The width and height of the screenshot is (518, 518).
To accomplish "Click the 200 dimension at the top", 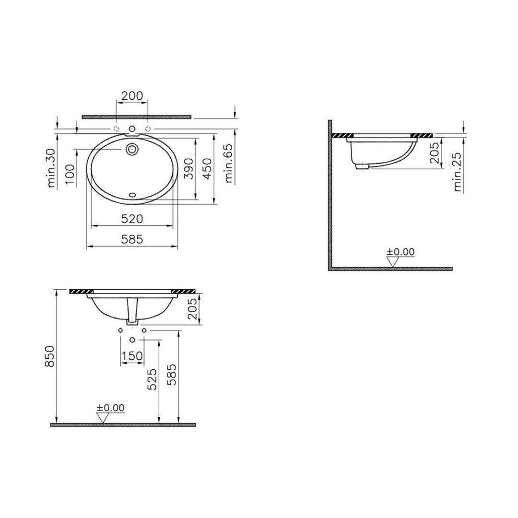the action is [132, 96].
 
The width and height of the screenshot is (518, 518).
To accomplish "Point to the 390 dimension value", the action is [188, 168].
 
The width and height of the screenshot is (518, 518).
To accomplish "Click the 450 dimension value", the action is [207, 168].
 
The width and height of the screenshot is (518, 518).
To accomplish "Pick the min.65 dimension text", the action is [229, 164].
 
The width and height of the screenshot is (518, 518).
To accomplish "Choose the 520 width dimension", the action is [132, 219].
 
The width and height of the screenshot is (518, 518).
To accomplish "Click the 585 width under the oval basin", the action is [132, 239].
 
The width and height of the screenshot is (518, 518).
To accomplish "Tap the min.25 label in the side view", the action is [457, 172].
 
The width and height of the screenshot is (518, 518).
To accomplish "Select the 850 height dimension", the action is [49, 356].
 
